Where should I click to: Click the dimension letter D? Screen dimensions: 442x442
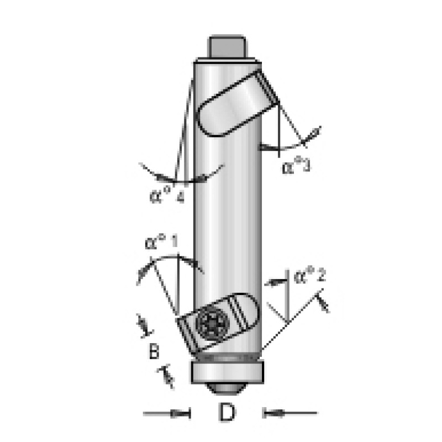(227, 412)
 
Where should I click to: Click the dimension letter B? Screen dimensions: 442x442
(154, 351)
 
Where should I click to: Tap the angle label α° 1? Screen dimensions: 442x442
(162, 242)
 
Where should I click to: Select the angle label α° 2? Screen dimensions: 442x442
(310, 276)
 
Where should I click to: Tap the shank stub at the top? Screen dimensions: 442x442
(227, 46)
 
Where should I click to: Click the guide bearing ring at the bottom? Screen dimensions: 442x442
(227, 372)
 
